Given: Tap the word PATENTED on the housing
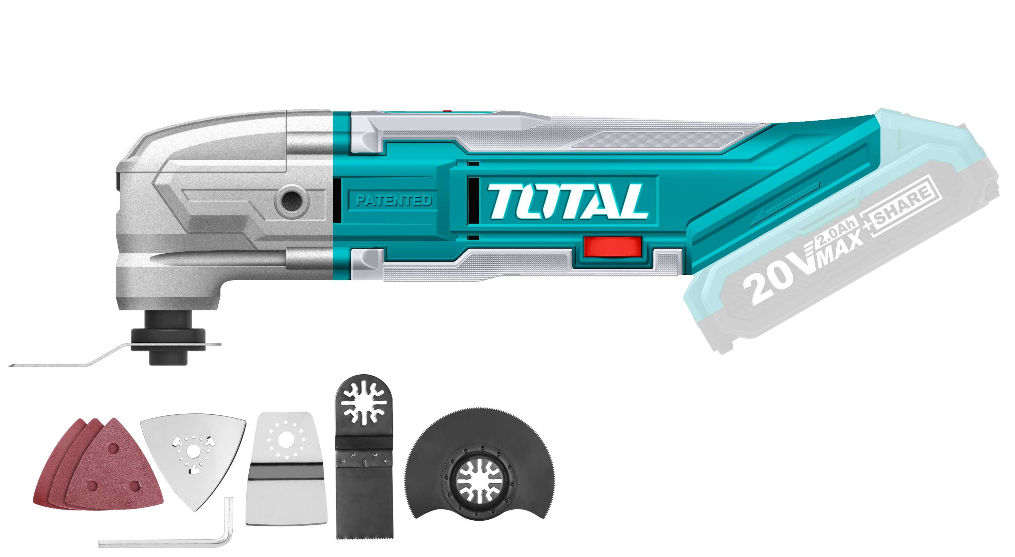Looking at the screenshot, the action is [x=394, y=200].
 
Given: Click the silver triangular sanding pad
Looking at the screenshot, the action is [x=193, y=459].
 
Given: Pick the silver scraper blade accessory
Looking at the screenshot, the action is [x=286, y=473].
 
